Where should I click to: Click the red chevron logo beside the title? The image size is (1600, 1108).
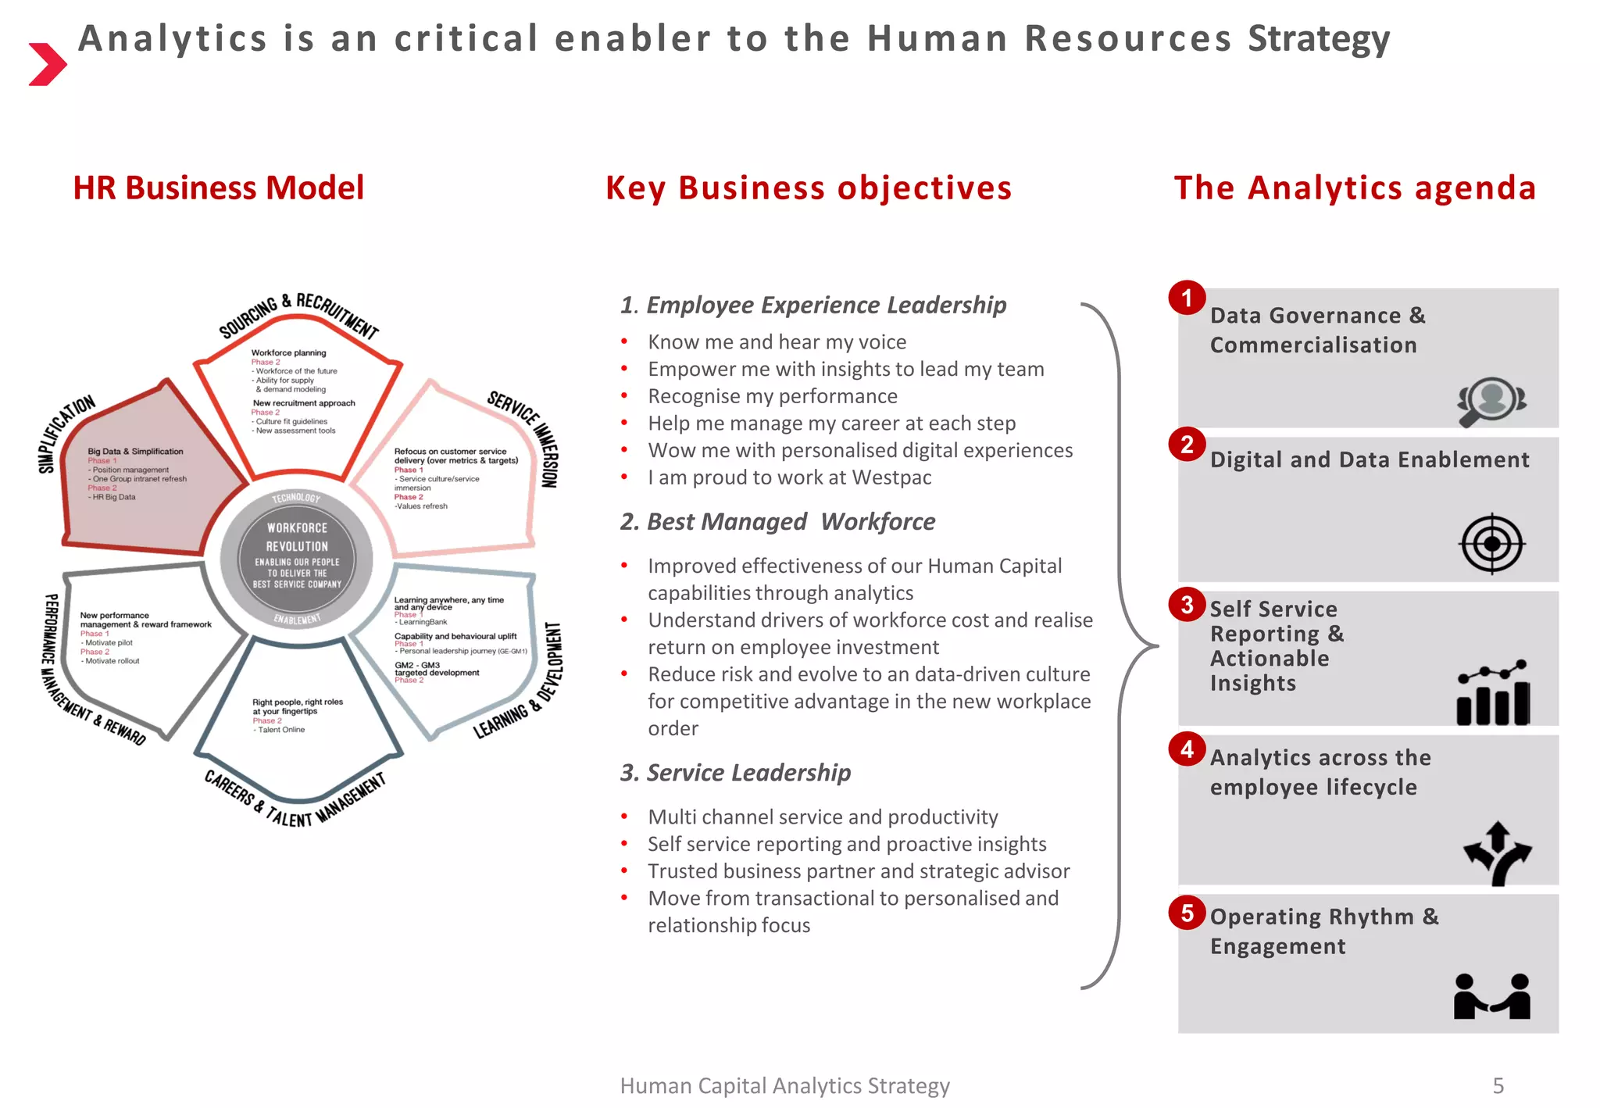point(47,64)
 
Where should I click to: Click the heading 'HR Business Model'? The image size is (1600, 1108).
point(218,188)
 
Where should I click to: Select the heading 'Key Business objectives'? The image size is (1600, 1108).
point(808,188)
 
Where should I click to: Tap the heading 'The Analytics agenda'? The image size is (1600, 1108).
point(1355,188)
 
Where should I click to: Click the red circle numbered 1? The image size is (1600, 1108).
point(1187,298)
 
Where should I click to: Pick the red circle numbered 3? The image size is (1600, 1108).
point(1187,605)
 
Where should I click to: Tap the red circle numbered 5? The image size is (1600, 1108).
point(1187,913)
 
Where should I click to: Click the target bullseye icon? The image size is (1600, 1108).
point(1491,543)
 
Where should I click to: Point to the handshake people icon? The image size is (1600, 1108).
point(1491,996)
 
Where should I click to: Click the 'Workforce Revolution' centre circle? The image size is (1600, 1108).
point(297,556)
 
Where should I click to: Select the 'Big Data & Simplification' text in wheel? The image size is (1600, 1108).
point(135,452)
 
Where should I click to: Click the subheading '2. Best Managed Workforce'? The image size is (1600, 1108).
point(777,521)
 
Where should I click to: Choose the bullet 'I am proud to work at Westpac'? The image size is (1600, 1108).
point(789,477)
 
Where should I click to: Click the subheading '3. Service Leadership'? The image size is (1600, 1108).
point(735,772)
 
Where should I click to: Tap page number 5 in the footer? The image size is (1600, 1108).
point(1498,1085)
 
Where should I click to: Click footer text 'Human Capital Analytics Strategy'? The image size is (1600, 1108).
point(784,1085)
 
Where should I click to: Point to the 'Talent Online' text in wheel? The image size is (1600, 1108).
point(281,730)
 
